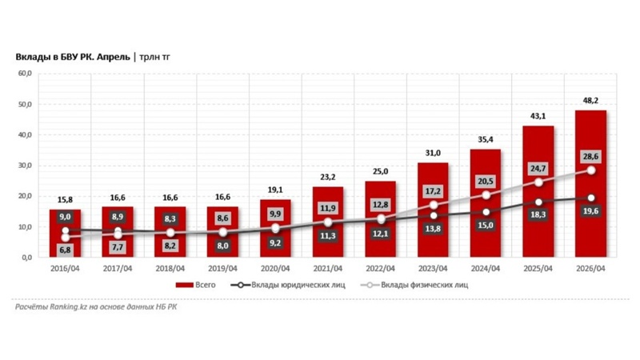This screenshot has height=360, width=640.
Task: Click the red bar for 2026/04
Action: click(590, 184)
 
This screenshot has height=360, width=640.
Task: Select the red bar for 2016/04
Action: click(66, 233)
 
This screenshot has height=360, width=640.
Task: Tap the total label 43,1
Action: click(538, 116)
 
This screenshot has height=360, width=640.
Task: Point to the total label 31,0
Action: click(433, 153)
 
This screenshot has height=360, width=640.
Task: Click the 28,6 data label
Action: click(590, 157)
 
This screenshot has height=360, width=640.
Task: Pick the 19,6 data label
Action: click(590, 211)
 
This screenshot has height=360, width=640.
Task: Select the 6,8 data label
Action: click(66, 250)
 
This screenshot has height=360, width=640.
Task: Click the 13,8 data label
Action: click(433, 229)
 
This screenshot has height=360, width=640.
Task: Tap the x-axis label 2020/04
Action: click(275, 269)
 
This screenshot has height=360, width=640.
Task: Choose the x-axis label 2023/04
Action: click(433, 269)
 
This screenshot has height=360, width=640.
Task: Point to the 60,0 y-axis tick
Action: click(25, 74)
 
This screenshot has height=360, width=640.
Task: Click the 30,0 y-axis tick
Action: click(25, 166)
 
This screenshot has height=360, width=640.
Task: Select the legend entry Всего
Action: click(195, 285)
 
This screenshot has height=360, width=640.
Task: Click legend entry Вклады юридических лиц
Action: click(288, 285)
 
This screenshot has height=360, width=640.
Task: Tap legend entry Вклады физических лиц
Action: click(414, 285)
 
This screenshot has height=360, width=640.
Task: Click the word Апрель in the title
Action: click(114, 57)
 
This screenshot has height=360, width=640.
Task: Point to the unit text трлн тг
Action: click(154, 57)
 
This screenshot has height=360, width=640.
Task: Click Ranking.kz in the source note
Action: click(69, 307)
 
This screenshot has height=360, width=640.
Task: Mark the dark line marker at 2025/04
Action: click(538, 202)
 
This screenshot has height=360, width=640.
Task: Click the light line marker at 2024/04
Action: click(486, 195)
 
